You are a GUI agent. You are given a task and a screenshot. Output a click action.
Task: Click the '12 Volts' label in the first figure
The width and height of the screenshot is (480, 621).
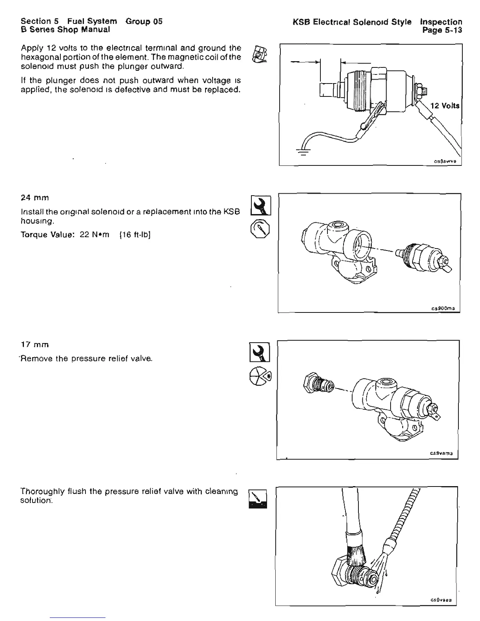tap(445, 106)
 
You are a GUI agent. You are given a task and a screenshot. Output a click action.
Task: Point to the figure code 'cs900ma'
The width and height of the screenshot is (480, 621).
tap(443, 308)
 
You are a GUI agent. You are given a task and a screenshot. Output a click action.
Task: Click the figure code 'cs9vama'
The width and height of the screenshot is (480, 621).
tap(441, 454)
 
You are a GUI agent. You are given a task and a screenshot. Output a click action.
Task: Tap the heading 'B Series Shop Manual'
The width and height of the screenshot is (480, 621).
tap(65, 29)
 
